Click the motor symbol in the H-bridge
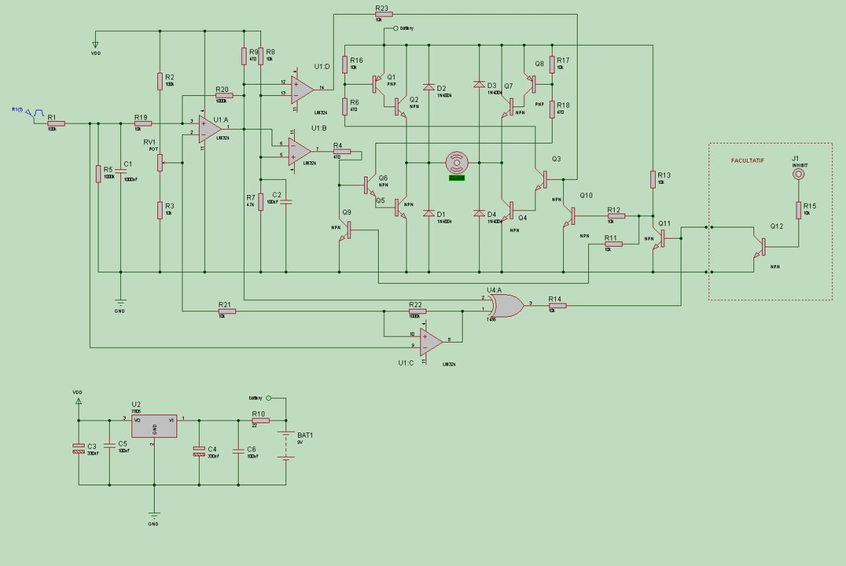tap(457, 162)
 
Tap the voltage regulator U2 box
tap(154, 426)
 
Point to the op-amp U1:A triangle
tap(209, 128)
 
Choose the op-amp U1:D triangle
tap(303, 87)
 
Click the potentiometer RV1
tap(160, 162)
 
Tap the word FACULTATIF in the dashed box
tap(748, 161)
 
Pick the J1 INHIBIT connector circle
tap(798, 175)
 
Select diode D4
tap(479, 213)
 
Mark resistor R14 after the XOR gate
tap(557, 305)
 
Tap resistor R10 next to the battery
tap(260, 420)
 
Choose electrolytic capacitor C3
tap(79, 449)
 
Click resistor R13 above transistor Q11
tap(653, 179)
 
